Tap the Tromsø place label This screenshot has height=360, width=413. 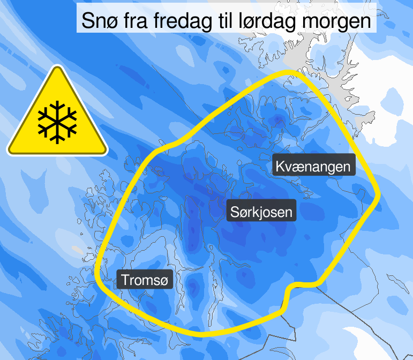pos(145,280)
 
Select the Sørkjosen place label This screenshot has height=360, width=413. pos(261,212)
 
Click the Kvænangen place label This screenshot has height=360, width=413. pos(313,166)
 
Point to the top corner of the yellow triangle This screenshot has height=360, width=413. pos(57,67)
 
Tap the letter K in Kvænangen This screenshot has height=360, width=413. pos(280,166)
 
